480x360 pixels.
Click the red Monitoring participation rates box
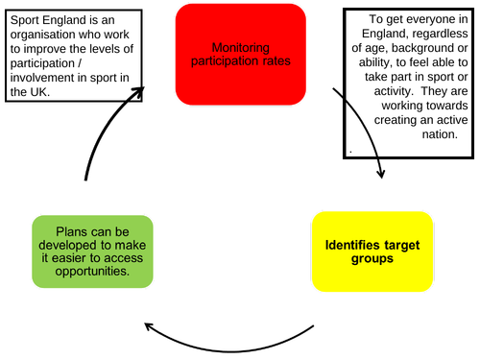(240, 54)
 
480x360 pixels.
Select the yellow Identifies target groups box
(372, 252)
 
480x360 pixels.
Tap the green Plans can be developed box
(92, 252)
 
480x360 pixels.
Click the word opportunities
(92, 272)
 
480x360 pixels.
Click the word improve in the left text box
(56, 47)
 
